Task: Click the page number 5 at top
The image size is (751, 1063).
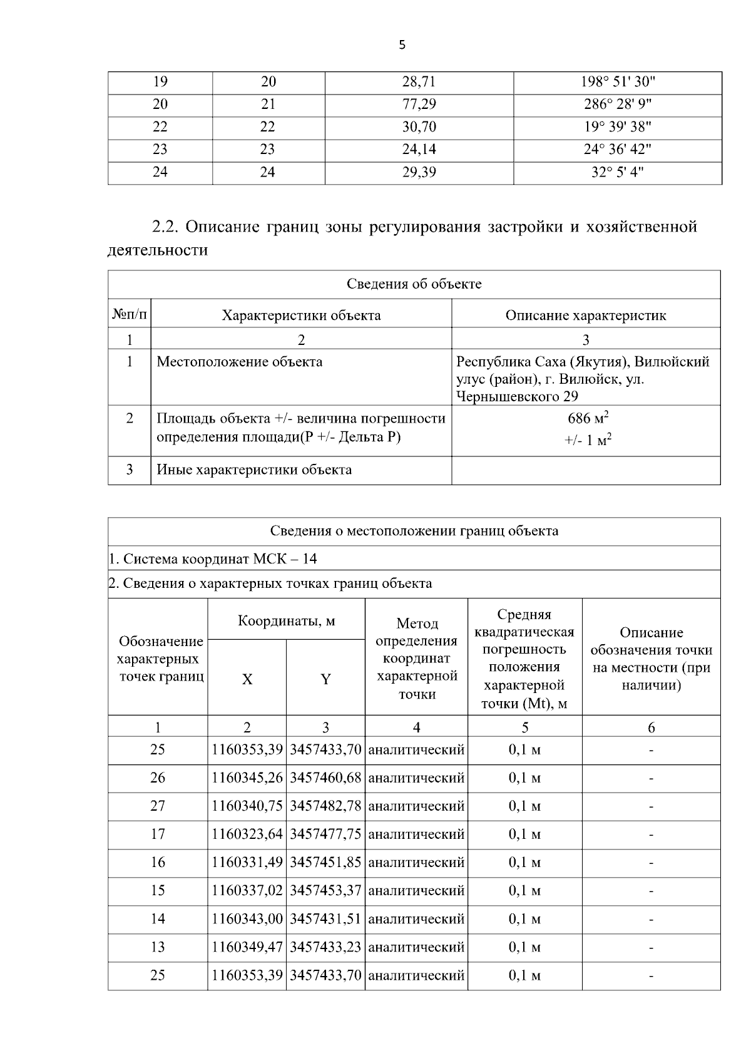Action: [402, 45]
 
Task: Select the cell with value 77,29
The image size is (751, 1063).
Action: [419, 105]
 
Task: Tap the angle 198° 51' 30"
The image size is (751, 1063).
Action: [617, 82]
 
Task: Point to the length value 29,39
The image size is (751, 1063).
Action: [419, 172]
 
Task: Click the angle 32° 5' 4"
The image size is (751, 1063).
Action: [617, 172]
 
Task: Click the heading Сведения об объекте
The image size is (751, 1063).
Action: [414, 284]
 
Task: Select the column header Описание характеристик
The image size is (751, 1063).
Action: [585, 316]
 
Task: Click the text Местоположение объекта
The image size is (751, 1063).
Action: [240, 362]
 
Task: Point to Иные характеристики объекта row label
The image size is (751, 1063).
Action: [254, 470]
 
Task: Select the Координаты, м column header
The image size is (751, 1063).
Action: [286, 621]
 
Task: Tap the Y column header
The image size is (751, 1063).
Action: [325, 679]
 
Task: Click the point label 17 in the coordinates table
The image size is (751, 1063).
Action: [158, 834]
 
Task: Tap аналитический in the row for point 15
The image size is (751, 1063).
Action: [416, 890]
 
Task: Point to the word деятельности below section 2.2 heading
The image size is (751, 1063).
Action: [158, 250]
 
